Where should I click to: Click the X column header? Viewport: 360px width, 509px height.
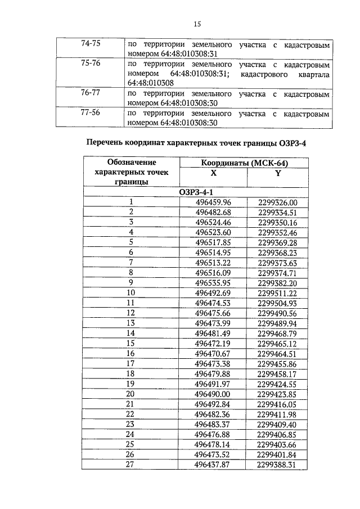[x=213, y=174]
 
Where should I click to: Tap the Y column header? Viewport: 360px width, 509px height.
[x=277, y=174]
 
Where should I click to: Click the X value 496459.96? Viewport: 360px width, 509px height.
[x=213, y=202]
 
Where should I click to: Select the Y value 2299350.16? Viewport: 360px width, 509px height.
[x=277, y=222]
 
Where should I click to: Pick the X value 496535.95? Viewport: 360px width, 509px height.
[x=213, y=282]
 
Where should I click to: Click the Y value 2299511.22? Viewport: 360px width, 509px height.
[x=277, y=292]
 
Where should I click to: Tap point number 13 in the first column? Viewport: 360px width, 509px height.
[x=131, y=323]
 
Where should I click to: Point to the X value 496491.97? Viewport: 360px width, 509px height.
[x=213, y=383]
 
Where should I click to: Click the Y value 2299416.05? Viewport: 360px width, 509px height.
[x=277, y=403]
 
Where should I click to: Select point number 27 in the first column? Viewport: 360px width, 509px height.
[x=131, y=463]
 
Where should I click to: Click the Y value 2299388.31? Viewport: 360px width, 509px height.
[x=277, y=463]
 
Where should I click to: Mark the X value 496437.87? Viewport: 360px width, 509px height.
[x=213, y=463]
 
